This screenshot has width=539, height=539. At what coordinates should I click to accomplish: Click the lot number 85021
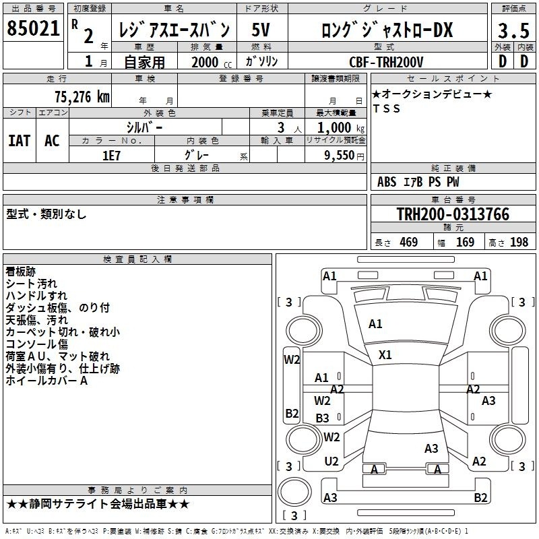33,28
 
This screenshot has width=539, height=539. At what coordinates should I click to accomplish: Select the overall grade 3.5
513,30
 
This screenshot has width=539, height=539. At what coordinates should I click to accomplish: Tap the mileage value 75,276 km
82,97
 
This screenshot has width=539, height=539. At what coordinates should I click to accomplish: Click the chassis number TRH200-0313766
453,214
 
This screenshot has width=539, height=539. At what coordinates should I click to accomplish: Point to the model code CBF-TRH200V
386,62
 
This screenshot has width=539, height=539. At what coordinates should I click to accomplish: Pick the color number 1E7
111,156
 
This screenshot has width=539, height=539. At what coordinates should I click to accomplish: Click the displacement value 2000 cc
212,62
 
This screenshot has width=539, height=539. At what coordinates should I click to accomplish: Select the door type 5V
261,30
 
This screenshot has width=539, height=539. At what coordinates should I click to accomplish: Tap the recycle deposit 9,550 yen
344,156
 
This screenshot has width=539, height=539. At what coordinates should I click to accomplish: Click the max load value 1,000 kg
341,128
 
